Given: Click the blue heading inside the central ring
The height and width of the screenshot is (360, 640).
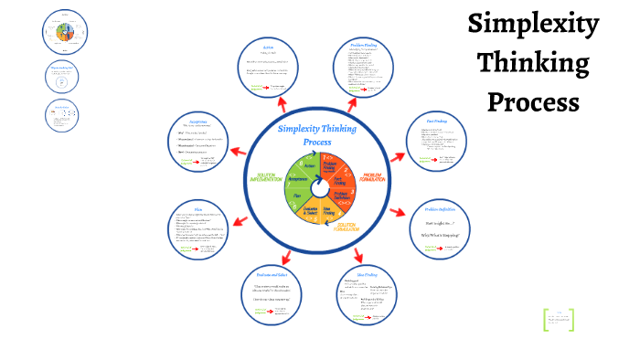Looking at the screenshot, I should point(317,135).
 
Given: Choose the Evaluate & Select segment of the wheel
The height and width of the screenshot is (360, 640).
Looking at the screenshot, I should point(315,214).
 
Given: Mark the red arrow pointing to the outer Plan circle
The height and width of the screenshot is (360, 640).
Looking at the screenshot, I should point(241,220).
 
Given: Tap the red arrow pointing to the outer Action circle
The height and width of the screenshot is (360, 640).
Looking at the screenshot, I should point(282,104).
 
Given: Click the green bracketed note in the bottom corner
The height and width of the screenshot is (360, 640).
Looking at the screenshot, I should point(559,320).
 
